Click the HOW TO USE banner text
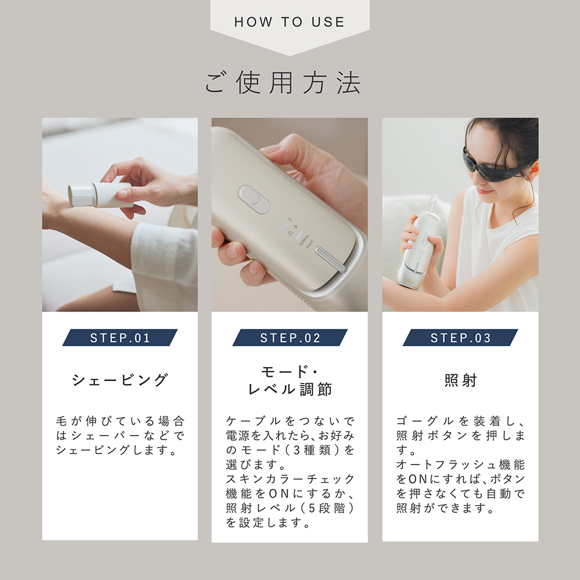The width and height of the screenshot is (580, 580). pyautogui.click(x=289, y=23)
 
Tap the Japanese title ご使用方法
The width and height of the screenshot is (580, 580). pyautogui.click(x=283, y=84)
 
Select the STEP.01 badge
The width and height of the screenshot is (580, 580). pyautogui.click(x=120, y=338)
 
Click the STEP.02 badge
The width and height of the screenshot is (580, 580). pyautogui.click(x=290, y=338)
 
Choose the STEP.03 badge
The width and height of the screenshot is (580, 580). pyautogui.click(x=461, y=338)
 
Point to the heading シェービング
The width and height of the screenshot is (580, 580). pyautogui.click(x=120, y=380)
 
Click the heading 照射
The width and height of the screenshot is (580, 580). pyautogui.click(x=461, y=380)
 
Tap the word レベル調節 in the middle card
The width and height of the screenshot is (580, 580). pyautogui.click(x=290, y=389)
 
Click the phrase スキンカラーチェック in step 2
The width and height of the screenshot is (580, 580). pyautogui.click(x=290, y=479)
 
